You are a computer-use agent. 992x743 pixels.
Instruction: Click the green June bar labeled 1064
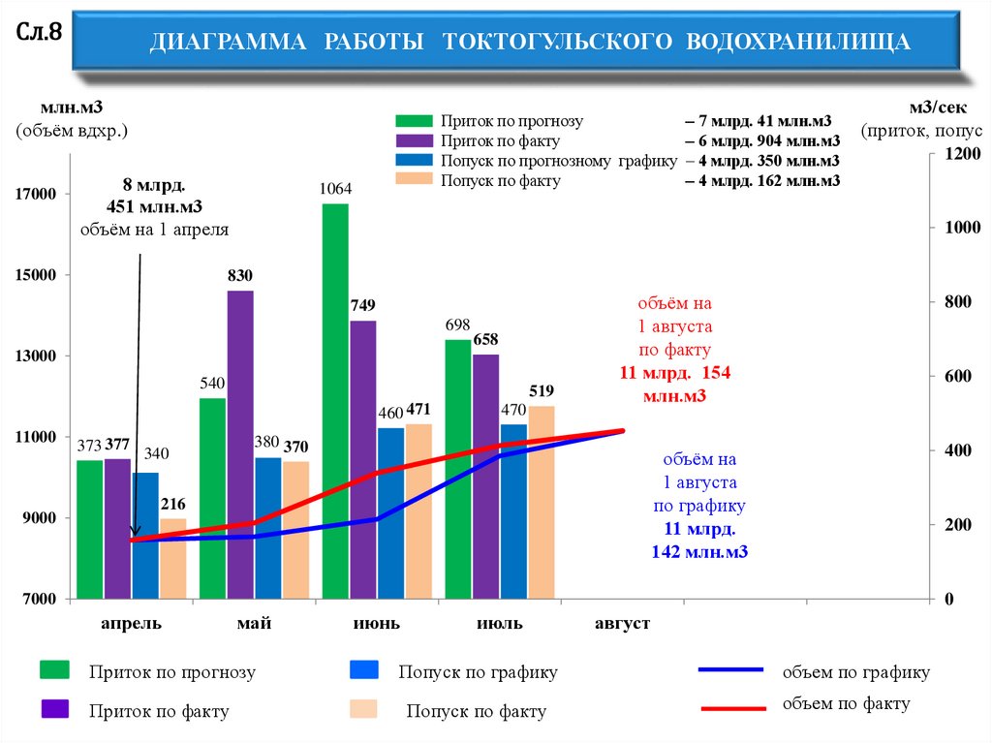tap(335, 401)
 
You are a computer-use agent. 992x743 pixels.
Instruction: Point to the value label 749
tap(363, 307)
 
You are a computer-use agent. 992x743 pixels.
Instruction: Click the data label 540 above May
tap(212, 384)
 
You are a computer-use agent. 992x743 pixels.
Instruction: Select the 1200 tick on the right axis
tap(963, 154)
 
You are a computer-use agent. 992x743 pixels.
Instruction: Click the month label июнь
tap(377, 624)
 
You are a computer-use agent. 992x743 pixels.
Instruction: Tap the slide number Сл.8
tap(40, 32)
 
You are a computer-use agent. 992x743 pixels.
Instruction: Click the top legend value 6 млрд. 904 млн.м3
tap(761, 141)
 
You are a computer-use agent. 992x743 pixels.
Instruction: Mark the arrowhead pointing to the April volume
tap(136, 532)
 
